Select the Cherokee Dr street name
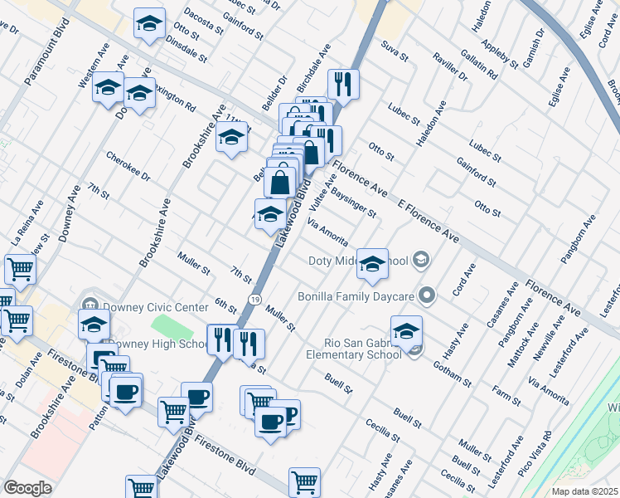click(x=128, y=165)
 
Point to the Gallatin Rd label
click(x=481, y=64)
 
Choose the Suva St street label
click(x=395, y=51)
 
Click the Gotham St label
click(x=457, y=371)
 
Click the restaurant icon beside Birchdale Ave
click(x=341, y=84)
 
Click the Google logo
click(x=27, y=488)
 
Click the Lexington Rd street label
click(x=176, y=101)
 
